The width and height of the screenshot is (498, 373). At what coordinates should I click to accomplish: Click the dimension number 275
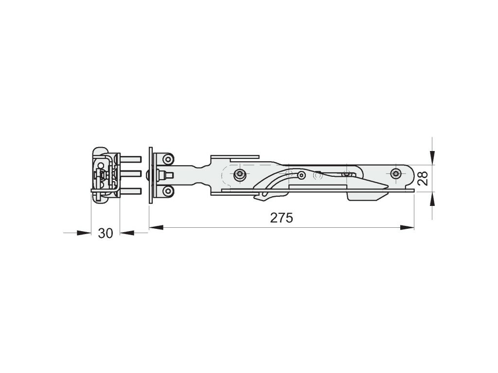click(282, 218)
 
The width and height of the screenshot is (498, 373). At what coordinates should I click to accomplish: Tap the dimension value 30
click(106, 234)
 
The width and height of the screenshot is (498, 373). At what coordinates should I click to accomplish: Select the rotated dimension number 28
click(423, 178)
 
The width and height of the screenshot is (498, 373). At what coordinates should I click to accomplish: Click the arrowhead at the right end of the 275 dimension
click(408, 227)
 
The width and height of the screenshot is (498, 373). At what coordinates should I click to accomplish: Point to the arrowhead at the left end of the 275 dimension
click(156, 227)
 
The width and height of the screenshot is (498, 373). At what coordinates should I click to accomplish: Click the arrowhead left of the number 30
click(84, 233)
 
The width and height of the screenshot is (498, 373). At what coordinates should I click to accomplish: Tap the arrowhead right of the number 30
click(127, 233)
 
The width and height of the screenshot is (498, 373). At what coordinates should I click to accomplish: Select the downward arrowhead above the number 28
click(432, 158)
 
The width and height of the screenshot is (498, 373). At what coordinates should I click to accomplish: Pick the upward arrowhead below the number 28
click(432, 199)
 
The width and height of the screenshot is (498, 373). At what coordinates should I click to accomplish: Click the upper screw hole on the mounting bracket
click(168, 159)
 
